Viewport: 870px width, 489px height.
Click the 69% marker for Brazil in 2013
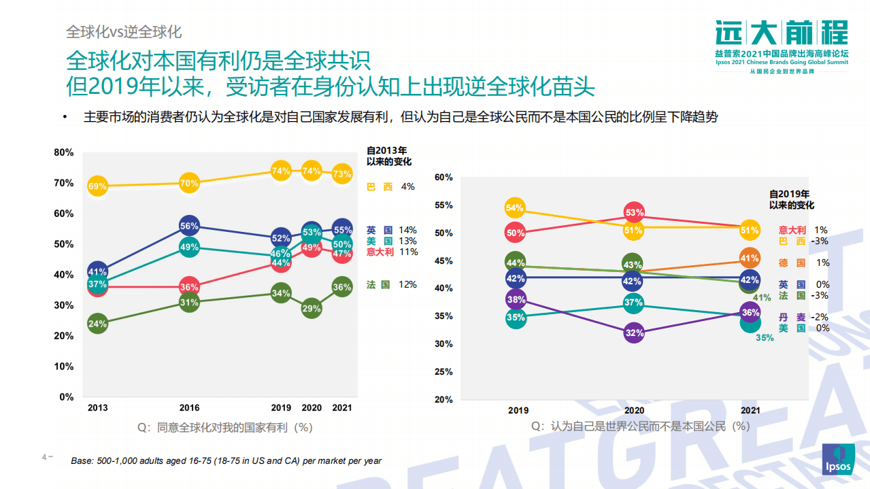[97, 186]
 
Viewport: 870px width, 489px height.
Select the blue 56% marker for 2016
[189, 226]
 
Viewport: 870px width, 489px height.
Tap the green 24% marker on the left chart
[97, 324]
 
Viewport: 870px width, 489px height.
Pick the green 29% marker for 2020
[312, 308]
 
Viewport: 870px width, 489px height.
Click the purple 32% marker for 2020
[634, 333]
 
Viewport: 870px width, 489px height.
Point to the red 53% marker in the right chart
[634, 213]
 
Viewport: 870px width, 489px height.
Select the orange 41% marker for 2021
[750, 258]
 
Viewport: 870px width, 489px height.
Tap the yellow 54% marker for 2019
[515, 208]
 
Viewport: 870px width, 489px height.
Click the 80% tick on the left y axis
[64, 152]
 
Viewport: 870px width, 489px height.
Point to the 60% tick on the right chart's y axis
[443, 178]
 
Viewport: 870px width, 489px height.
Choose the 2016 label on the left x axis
[189, 408]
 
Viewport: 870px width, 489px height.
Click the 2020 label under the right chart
[634, 411]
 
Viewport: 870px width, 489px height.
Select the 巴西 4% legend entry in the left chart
[390, 186]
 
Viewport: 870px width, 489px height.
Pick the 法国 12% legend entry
[391, 285]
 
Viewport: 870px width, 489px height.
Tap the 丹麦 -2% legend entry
[802, 317]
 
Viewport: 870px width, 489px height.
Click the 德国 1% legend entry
[802, 263]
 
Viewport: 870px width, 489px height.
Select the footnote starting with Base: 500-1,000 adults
[226, 460]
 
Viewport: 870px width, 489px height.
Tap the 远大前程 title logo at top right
[782, 32]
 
